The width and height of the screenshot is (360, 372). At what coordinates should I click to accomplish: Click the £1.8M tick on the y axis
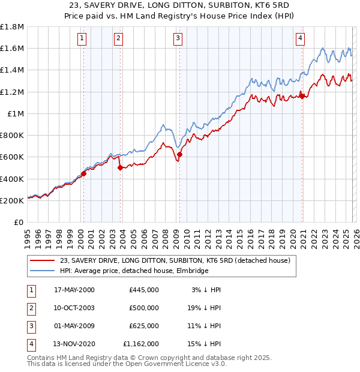(12, 27)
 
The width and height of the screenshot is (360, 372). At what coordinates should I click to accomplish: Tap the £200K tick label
(12, 200)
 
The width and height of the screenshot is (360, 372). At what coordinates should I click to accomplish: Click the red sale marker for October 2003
(121, 168)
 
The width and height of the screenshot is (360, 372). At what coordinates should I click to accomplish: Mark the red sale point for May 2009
(179, 154)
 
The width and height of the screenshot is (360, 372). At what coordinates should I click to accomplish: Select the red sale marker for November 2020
(302, 96)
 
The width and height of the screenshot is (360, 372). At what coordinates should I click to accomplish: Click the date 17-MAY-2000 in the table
(74, 290)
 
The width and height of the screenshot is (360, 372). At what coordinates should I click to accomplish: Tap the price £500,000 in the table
(144, 308)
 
